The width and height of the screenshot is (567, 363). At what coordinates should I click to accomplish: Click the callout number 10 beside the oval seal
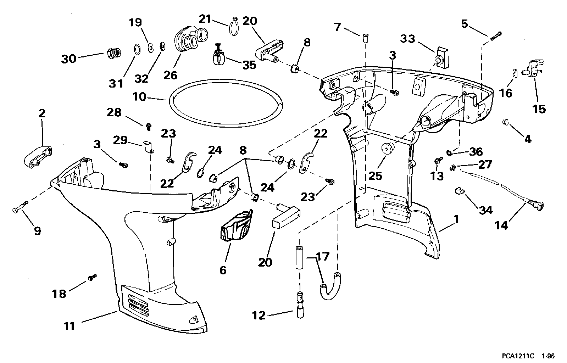(139, 97)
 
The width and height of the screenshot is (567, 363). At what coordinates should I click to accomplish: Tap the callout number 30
(68, 59)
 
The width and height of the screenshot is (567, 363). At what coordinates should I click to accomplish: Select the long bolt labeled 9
(20, 207)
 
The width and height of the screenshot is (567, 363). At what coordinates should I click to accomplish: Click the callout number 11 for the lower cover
(69, 326)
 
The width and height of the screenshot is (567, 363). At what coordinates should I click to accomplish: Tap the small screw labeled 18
(93, 277)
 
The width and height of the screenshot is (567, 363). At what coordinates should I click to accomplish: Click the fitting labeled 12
(300, 305)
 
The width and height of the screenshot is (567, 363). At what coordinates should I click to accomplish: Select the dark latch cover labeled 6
(237, 225)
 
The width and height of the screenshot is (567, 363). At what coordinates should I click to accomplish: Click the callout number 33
(408, 39)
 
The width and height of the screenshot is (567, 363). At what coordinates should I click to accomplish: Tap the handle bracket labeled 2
(38, 156)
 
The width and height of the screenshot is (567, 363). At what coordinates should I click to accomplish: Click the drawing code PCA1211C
(518, 356)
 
